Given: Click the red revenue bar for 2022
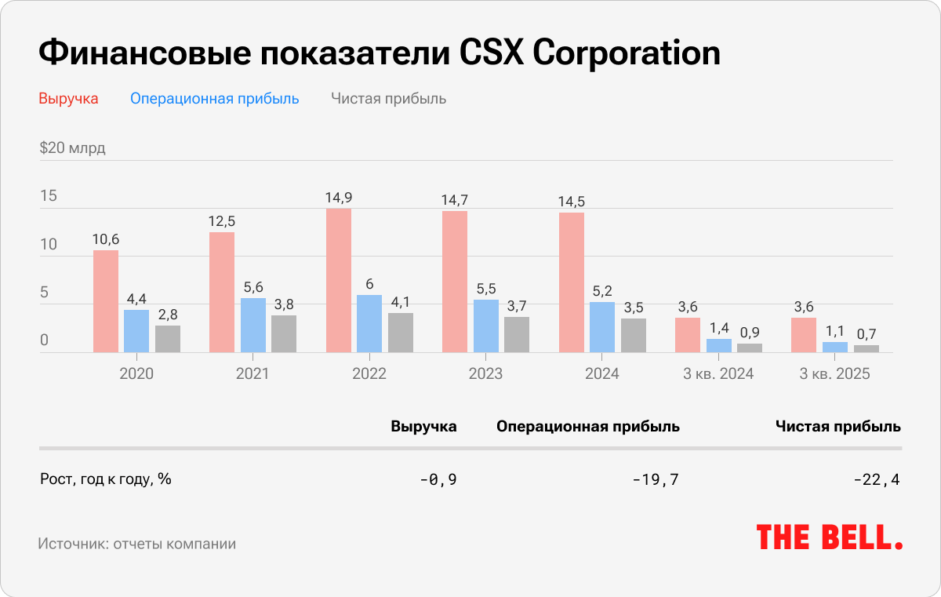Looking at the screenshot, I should click(338, 281).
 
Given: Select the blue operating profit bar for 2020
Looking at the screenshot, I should click(136, 331).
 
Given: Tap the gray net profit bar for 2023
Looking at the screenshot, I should click(517, 335).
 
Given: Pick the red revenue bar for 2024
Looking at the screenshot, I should click(572, 282).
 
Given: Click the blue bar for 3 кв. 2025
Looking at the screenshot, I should click(834, 348).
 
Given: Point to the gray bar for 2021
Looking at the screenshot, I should click(284, 334).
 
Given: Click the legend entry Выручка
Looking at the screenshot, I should click(68, 99).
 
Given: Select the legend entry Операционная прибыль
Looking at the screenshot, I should click(215, 99).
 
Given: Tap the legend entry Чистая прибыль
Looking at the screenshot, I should click(388, 99).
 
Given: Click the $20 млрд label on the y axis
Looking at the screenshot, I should click(72, 147).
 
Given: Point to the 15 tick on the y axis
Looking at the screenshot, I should click(49, 196).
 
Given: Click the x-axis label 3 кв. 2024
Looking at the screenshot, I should click(718, 373).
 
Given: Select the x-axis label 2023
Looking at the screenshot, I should click(485, 373).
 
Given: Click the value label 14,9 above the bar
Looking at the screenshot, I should click(338, 198).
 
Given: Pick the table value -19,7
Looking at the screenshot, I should click(656, 479).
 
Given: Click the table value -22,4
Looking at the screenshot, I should click(877, 479).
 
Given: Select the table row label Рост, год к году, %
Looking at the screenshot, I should click(105, 479).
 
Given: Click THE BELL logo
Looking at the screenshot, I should click(829, 537).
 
